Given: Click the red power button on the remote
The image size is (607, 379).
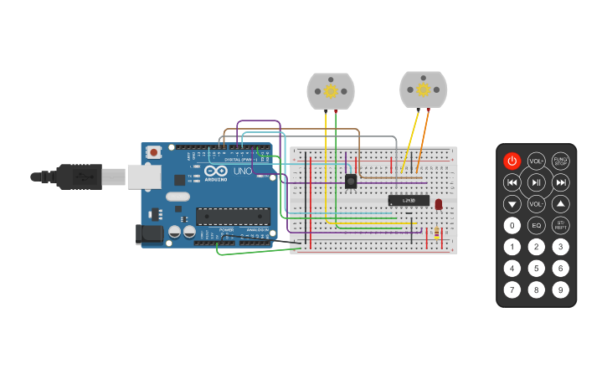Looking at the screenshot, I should point(512,161).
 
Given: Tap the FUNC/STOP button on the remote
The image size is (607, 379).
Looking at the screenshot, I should point(560,161).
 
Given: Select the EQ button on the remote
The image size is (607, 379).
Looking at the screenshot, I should point(536,225).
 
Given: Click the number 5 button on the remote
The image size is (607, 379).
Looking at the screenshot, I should point(536,269).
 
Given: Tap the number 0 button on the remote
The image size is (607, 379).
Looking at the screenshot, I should point(512,225).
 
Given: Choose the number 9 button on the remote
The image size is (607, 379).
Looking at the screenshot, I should point(560,290).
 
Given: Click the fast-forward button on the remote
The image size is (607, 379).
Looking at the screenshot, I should point(560,182).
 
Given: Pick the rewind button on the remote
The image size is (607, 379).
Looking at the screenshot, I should point(512,182).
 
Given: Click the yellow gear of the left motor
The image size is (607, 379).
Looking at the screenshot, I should point(331,90).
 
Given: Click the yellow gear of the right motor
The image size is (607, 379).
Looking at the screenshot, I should point(423,90).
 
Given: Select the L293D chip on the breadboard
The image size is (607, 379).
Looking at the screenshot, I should point(409,201).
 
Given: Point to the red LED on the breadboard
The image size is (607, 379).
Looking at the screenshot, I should point(439,204).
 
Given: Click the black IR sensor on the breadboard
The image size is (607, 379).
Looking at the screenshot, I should point(351,181).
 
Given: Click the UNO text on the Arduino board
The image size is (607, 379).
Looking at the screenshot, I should point(242,172).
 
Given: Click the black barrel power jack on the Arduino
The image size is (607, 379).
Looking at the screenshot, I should point(149,233).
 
